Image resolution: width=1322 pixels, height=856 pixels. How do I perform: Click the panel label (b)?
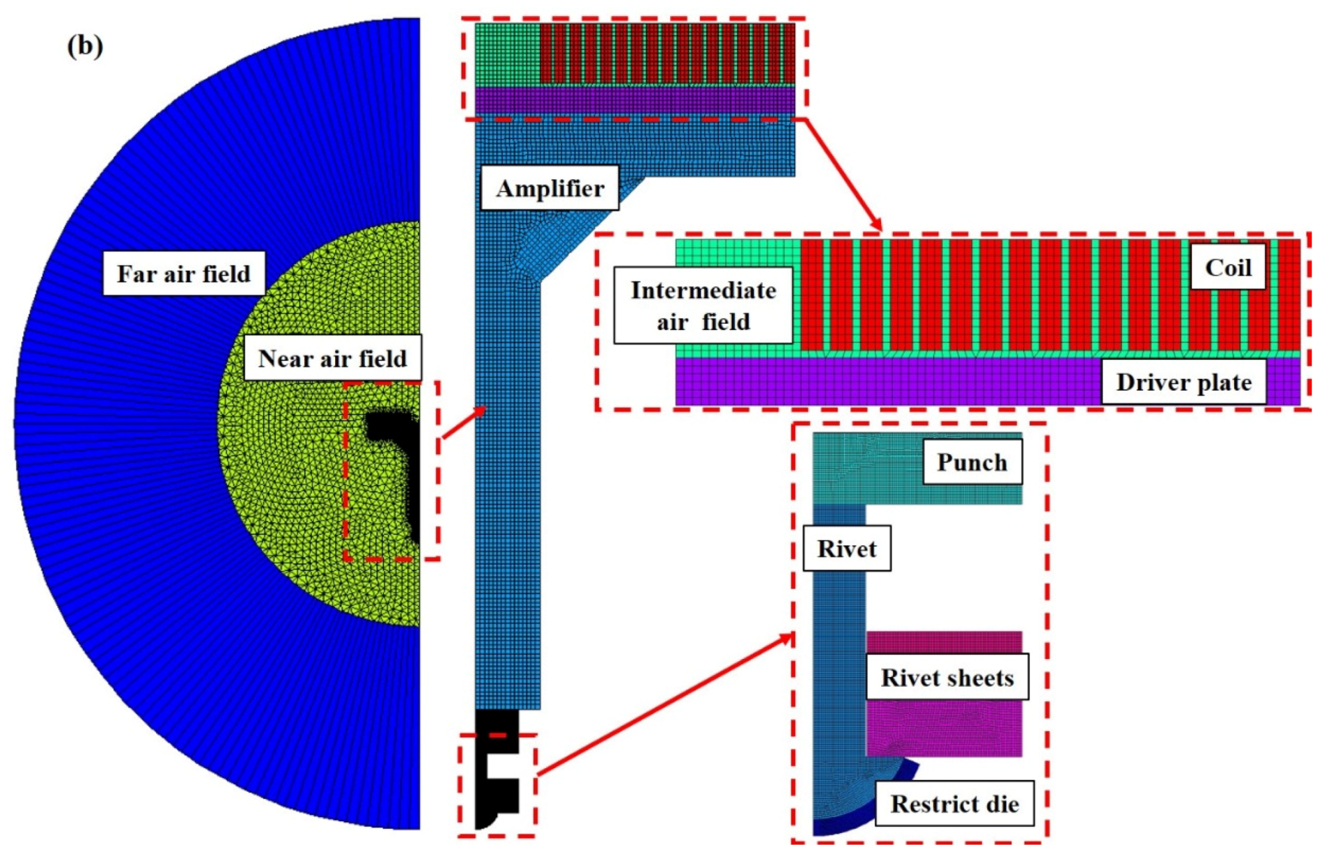point(85,46)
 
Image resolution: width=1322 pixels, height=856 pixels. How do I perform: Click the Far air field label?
point(184,274)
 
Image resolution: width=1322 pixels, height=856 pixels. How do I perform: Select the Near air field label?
point(332,358)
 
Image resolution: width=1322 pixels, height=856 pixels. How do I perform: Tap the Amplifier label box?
point(550,188)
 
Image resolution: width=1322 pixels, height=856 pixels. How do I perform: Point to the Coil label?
point(1228,267)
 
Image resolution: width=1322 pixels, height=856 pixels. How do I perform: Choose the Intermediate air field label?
point(703,306)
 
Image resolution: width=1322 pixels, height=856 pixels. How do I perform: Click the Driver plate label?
point(1183,382)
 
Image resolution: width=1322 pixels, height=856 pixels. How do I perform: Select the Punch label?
point(972,462)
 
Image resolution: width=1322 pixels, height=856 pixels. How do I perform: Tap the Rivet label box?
point(846,548)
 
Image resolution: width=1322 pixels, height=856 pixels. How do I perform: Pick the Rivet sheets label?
point(947,677)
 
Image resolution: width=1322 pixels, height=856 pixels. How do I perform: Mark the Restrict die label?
point(954,804)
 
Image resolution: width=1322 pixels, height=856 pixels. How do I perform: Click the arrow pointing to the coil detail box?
point(843,174)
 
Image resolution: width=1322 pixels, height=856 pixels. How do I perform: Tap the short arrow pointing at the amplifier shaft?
point(464,423)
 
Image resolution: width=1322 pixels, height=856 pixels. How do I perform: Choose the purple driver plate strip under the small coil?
point(634,99)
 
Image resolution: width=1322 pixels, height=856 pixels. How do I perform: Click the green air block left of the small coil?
point(507,54)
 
